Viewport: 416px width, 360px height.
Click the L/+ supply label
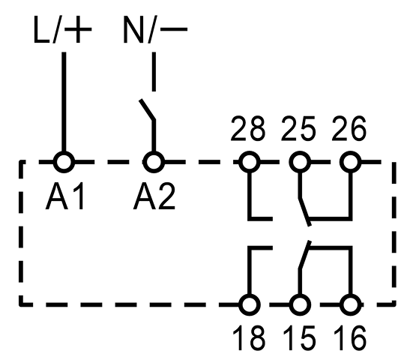63,29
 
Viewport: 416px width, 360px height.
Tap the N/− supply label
155,29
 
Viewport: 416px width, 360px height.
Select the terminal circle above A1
64,162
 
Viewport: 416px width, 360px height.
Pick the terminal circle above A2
154,162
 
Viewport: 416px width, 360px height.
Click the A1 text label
65,196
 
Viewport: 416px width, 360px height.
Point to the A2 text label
154,196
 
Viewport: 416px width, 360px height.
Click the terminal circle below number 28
250,162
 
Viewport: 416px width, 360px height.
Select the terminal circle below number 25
300,162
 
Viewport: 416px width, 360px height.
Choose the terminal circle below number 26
351,162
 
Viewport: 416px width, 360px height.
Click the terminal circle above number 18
250,304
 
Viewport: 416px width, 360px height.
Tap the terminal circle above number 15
300,304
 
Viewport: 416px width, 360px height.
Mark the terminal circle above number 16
351,304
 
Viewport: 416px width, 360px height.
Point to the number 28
248,129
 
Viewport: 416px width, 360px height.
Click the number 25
298,129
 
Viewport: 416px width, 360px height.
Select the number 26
349,129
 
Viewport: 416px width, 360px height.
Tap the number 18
249,338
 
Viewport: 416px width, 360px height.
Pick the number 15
299,338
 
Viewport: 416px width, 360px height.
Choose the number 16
350,338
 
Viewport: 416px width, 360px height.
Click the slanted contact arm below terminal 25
305,211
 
